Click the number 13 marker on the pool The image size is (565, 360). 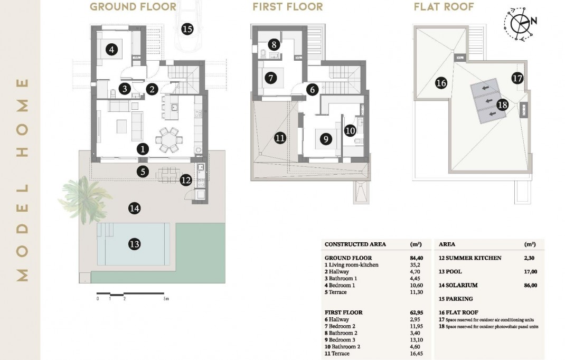click(135, 244)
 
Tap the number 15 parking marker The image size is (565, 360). click(186, 29)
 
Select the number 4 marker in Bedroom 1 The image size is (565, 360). click(111, 50)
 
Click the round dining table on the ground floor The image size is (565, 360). click(170, 140)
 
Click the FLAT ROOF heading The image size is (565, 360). click(444, 7)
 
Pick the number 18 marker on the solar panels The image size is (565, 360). click(502, 105)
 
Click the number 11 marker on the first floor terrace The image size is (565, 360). click(280, 138)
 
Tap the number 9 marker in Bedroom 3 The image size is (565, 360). click(325, 139)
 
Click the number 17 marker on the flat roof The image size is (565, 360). click(517, 78)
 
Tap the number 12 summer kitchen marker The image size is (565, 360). click(185, 180)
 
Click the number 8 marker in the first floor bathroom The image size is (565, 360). click(273, 45)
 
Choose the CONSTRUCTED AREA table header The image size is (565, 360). click(355, 244)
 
